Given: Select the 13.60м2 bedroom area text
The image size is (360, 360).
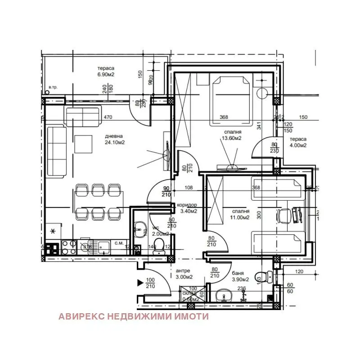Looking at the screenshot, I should click(231, 139).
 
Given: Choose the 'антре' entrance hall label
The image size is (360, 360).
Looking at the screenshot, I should click(183, 271).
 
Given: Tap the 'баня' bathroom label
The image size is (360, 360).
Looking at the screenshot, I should click(238, 273).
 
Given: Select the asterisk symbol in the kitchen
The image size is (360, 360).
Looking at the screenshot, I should click(54, 231).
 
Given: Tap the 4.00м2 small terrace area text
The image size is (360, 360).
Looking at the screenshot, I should click(298, 145).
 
